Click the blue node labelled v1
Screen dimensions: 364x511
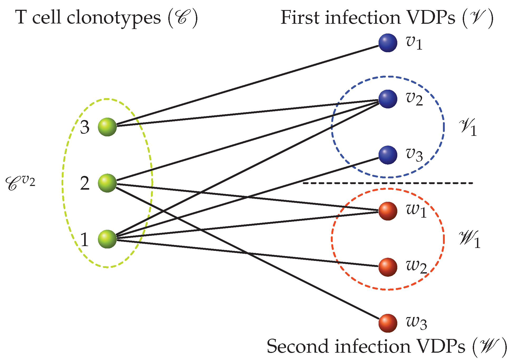388,43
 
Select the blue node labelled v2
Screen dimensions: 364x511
388,99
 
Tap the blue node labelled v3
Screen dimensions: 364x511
388,155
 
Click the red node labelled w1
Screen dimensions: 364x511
388,211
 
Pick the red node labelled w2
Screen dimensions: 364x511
388,267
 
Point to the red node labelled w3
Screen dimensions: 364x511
388,323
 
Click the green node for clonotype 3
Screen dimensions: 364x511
107,127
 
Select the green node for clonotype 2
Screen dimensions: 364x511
107,183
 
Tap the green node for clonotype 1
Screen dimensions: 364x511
107,239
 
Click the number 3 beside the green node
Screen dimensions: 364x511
85,127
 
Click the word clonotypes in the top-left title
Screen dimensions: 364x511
113,18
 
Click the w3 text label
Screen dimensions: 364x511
416,323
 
